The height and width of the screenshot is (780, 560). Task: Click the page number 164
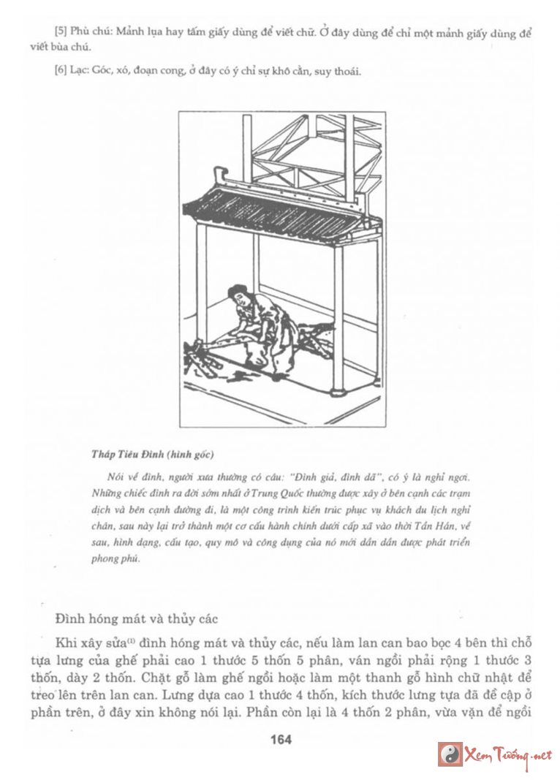[281, 739]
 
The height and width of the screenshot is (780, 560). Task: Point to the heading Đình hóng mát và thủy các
[137, 618]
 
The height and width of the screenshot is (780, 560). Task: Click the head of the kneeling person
[236, 295]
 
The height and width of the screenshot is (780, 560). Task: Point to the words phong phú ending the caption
[116, 559]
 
